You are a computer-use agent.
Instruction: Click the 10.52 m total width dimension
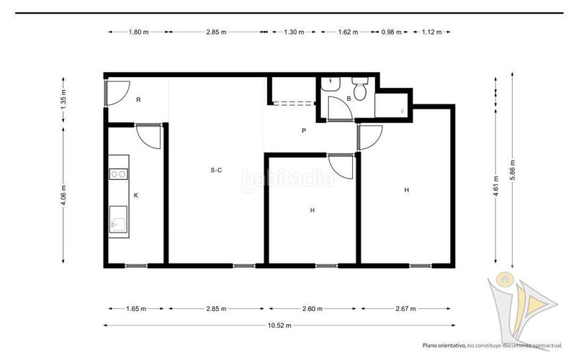pyautogui.click(x=279, y=325)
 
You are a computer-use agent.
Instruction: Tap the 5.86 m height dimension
pyautogui.click(x=513, y=170)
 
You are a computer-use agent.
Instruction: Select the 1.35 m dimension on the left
pyautogui.click(x=63, y=100)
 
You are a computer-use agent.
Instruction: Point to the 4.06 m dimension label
pyautogui.click(x=63, y=195)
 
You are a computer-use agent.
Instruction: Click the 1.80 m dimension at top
pyautogui.click(x=138, y=32)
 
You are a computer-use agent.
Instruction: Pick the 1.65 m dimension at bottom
pyautogui.click(x=136, y=309)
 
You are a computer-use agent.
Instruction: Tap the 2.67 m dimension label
pyautogui.click(x=405, y=309)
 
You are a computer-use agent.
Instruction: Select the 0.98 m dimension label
pyautogui.click(x=391, y=32)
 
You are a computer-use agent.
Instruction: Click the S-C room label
pyautogui.click(x=216, y=170)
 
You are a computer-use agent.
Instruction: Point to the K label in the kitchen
pyautogui.click(x=136, y=195)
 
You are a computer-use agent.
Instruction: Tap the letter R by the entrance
pyautogui.click(x=138, y=99)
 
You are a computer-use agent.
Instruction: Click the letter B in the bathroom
pyautogui.click(x=348, y=99)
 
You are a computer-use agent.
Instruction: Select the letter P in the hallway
pyautogui.click(x=304, y=130)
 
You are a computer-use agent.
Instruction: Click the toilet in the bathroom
pyautogui.click(x=359, y=89)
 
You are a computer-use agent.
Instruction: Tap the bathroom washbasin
pyautogui.click(x=330, y=84)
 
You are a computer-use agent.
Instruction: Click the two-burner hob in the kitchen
pyautogui.click(x=119, y=174)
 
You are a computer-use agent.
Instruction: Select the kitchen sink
pyautogui.click(x=118, y=220)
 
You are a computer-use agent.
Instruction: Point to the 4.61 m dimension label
pyautogui.click(x=496, y=186)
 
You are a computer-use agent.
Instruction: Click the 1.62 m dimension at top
pyautogui.click(x=348, y=32)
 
